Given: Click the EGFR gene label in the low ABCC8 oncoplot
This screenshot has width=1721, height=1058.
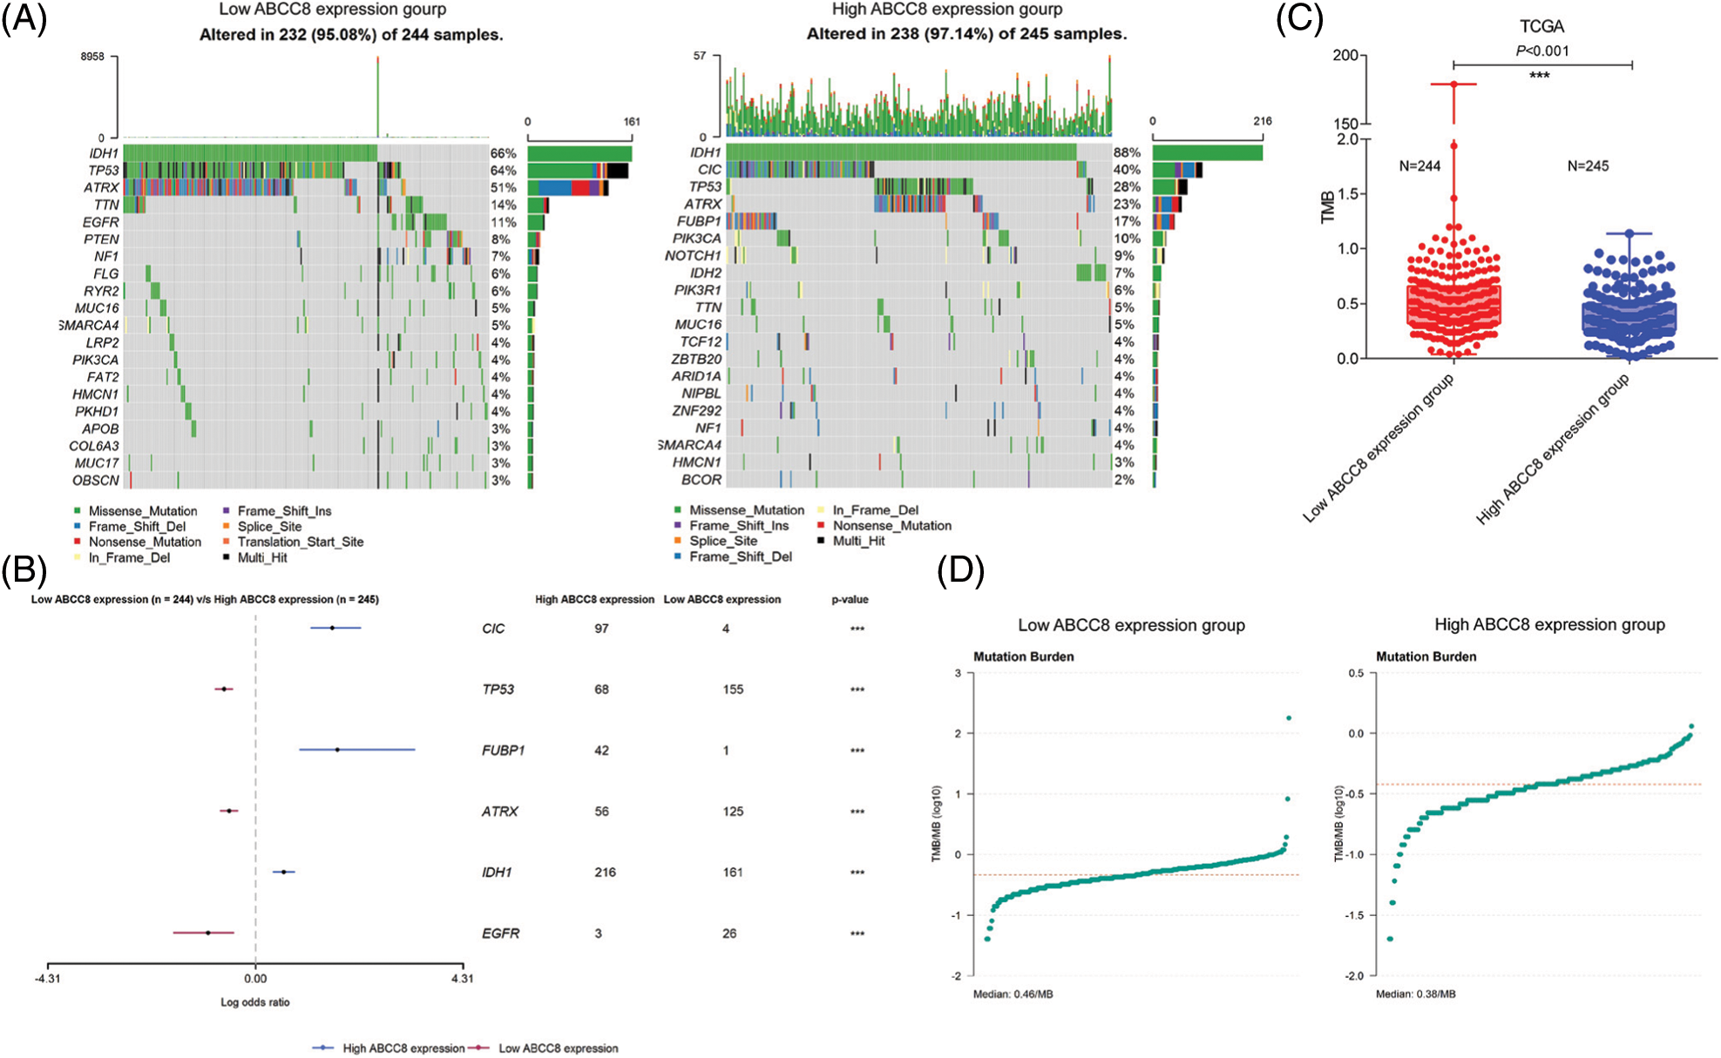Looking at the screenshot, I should [101, 222].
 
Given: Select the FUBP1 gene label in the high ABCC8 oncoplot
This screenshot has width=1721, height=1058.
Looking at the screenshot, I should [699, 221].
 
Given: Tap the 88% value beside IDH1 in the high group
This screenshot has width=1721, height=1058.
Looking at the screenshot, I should [1127, 152].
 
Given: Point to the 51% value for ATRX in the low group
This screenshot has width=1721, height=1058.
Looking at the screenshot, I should [503, 187].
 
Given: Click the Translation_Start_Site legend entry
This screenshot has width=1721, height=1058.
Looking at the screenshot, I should [300, 542].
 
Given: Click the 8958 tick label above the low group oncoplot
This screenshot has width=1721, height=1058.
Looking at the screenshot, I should [92, 57].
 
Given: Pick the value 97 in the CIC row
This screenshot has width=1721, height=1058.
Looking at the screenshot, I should [601, 629].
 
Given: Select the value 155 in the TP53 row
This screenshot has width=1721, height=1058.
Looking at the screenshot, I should [733, 690].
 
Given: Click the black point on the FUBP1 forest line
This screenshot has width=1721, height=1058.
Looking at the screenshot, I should [337, 750].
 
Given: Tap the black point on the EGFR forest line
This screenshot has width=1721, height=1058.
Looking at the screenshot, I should [207, 933].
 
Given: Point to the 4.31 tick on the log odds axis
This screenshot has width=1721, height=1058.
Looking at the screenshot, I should [462, 979].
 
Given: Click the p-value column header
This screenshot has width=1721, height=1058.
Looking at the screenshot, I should [850, 600].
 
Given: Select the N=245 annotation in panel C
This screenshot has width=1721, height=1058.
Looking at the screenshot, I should [1588, 166].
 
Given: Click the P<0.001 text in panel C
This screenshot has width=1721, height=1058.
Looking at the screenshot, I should [1542, 51].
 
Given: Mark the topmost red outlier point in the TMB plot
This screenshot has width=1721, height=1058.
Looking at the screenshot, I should [1453, 84].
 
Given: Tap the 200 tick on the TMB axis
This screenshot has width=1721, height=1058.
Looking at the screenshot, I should [1345, 56].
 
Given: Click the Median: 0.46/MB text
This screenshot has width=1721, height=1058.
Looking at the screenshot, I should [1013, 994].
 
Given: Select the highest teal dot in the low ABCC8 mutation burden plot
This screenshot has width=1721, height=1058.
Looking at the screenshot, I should [1289, 718].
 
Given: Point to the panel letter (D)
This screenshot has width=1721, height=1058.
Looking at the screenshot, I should [960, 571].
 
